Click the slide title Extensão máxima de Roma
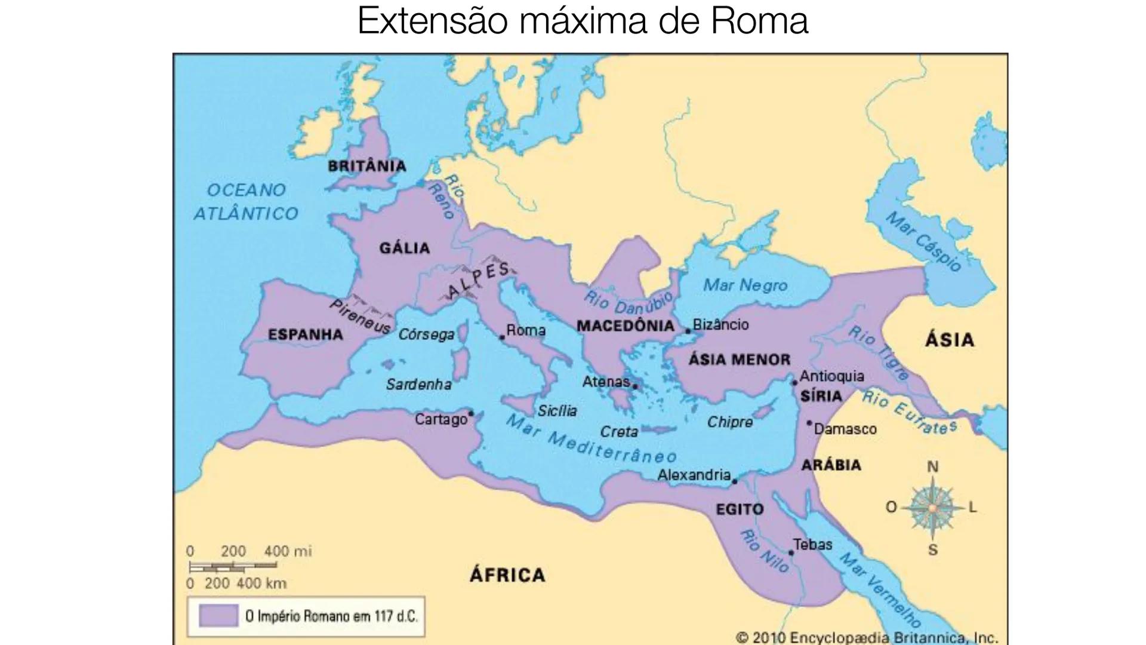[x=582, y=21]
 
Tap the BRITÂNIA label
[x=366, y=166]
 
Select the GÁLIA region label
[x=404, y=248]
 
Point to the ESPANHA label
[x=305, y=334]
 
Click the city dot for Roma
[x=502, y=337]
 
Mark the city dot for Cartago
[x=471, y=413]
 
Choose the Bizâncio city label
[x=720, y=324]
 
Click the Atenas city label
[x=606, y=381]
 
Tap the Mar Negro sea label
[x=745, y=285]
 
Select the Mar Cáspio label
[x=923, y=241]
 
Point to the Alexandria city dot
[x=735, y=481]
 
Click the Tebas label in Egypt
[x=812, y=544]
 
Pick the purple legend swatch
[x=218, y=615]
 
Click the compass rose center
[x=932, y=508]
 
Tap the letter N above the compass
[x=932, y=467]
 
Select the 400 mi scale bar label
[x=288, y=551]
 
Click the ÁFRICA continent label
[x=507, y=575]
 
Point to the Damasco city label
[x=845, y=429]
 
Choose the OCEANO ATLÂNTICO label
[x=245, y=201]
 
